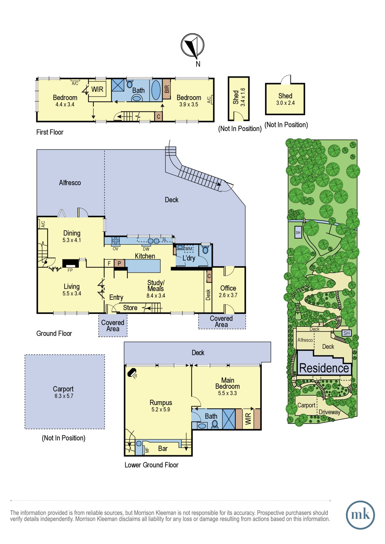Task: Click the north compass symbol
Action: [x=193, y=45]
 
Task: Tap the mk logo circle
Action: [x=360, y=515]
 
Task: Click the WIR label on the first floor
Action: [x=97, y=89]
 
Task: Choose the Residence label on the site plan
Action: [x=324, y=368]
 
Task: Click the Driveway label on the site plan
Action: [x=329, y=412]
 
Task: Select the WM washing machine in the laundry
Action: [x=189, y=249]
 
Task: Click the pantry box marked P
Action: [x=119, y=263]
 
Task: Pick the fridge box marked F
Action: [x=109, y=263]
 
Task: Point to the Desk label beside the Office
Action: [x=208, y=295]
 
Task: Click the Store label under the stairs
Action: [x=130, y=308]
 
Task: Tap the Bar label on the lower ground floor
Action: [x=163, y=449]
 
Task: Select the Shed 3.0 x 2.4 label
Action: [x=285, y=99]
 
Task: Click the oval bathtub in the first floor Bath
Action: [x=156, y=90]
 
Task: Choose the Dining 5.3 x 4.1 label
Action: [x=72, y=236]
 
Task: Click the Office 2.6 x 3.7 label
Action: [x=228, y=291]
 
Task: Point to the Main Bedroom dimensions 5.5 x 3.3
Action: [x=227, y=393]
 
